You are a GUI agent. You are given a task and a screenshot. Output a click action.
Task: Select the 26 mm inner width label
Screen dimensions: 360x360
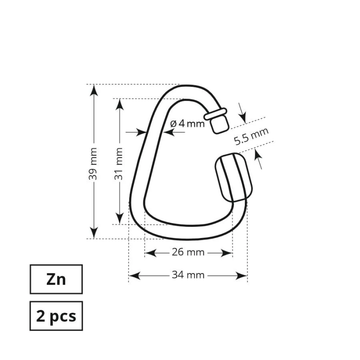click(188, 252)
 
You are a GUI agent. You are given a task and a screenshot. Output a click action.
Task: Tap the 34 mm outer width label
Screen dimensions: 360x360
click(188, 275)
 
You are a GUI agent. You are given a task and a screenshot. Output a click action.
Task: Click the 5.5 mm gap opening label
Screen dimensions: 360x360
click(251, 136)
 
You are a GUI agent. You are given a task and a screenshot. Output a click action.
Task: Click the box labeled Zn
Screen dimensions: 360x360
click(56, 279)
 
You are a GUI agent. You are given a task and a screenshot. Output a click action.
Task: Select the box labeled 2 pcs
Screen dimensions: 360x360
click(56, 316)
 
